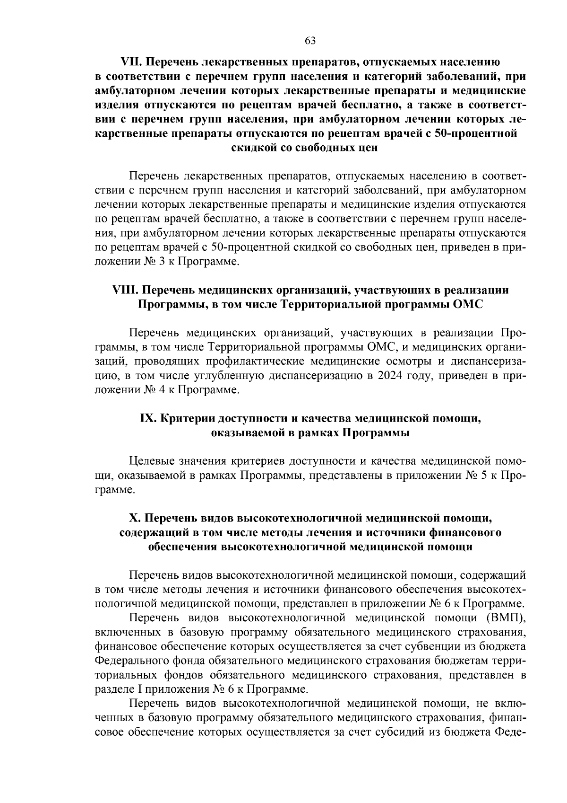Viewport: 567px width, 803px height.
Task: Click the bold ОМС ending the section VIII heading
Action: [x=468, y=304]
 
